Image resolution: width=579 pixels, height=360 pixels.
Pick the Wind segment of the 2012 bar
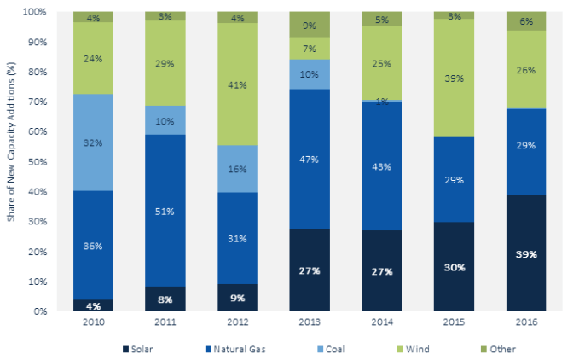tap(237, 84)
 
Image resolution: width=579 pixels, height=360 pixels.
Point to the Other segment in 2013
tap(310, 25)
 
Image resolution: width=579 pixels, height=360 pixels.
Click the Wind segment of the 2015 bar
tap(455, 78)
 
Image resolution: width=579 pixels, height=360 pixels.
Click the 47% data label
tap(310, 159)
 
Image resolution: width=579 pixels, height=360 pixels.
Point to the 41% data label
tap(237, 84)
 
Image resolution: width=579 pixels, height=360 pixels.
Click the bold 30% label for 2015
tap(455, 267)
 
